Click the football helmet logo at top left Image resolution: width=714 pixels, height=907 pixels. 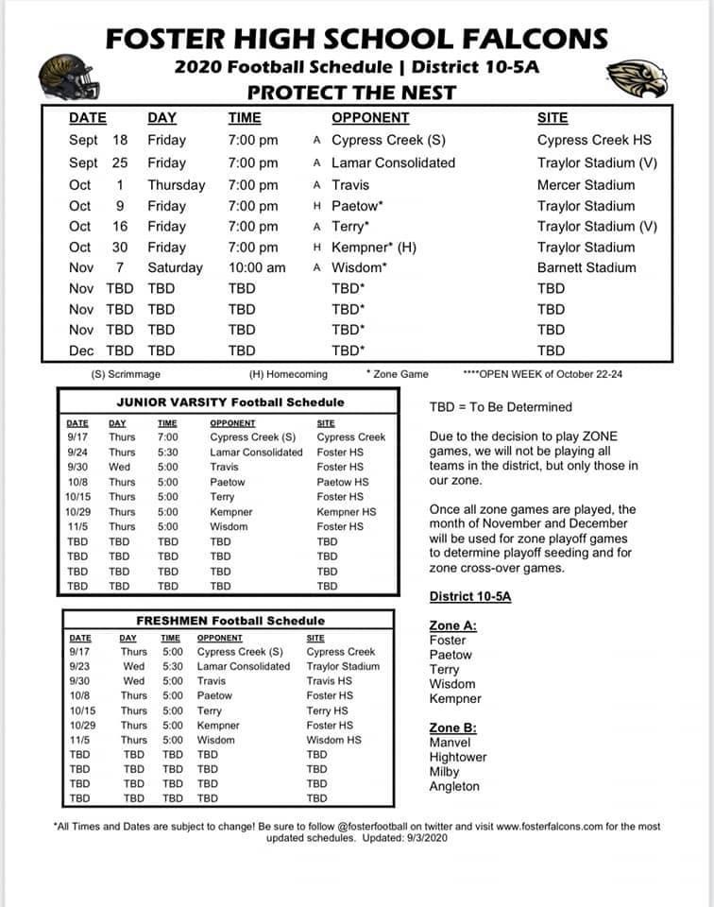[x=67, y=75]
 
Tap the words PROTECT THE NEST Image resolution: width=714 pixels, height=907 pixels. [x=351, y=93]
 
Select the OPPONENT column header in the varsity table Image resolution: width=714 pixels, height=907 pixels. [x=370, y=118]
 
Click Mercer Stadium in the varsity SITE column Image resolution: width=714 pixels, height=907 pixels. [x=586, y=185]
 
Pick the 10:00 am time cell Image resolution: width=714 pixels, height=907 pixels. [x=256, y=267]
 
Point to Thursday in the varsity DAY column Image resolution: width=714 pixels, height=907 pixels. [x=176, y=185]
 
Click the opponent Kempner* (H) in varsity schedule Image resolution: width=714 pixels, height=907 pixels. [x=374, y=247]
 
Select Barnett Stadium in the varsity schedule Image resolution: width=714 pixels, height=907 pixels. [x=586, y=267]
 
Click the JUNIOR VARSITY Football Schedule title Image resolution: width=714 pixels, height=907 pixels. [x=227, y=402]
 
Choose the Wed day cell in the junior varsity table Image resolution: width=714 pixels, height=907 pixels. [x=120, y=467]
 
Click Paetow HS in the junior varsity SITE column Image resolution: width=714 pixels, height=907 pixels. [x=342, y=482]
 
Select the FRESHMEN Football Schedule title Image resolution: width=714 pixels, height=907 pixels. [x=229, y=621]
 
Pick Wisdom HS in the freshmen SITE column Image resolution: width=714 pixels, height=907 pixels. [x=333, y=740]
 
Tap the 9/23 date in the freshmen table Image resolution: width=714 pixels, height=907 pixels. [x=80, y=666]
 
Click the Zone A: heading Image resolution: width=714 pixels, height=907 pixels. [x=452, y=625]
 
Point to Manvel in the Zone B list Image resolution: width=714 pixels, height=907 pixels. [x=450, y=743]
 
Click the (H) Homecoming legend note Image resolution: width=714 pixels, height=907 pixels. [x=288, y=374]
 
